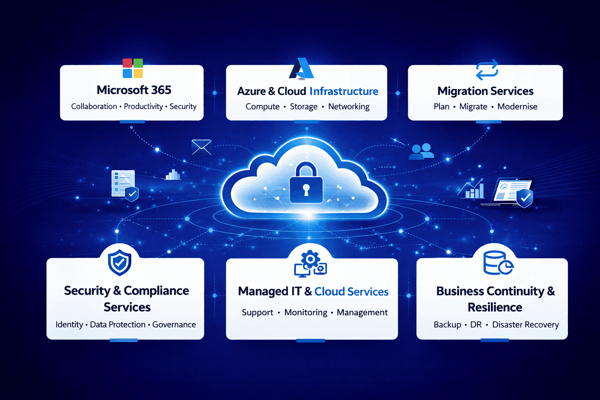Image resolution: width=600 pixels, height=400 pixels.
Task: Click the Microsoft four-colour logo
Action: [x=133, y=68]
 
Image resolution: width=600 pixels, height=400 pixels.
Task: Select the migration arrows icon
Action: [x=487, y=70]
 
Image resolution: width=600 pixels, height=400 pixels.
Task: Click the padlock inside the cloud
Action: [x=306, y=184]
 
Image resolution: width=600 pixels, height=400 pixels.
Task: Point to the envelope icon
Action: [x=202, y=147]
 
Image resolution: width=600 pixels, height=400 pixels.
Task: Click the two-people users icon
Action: [x=421, y=151]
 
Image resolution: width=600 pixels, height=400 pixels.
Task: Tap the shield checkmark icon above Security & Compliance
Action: [x=120, y=262]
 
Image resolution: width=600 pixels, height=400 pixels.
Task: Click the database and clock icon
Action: [x=498, y=263]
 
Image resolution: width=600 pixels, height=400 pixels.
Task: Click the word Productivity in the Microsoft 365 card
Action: [x=143, y=107]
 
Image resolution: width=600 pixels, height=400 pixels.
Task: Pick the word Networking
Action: [x=348, y=107]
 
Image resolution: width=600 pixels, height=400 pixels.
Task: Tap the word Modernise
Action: [x=517, y=107]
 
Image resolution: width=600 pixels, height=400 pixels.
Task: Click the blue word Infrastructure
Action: [x=344, y=91]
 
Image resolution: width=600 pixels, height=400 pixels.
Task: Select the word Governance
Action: [x=174, y=325]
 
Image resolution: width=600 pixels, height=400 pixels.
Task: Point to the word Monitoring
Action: [x=306, y=312]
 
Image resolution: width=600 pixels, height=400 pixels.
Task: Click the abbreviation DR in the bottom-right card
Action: [x=476, y=325]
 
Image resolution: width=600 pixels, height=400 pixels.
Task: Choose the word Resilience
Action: [x=495, y=307]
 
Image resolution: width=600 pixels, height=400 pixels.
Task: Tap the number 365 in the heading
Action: [x=161, y=90]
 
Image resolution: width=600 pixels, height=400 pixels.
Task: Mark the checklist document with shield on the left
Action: [x=124, y=184]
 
